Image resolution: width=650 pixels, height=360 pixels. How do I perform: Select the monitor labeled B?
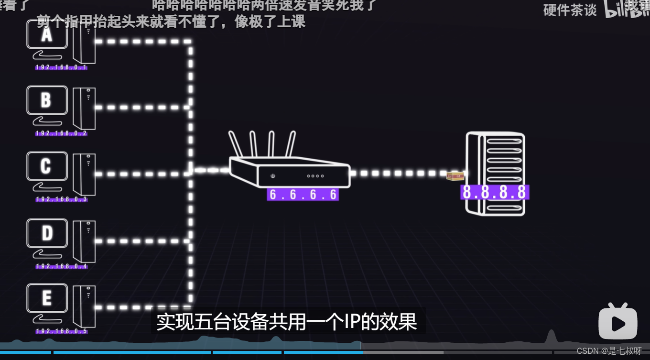pyautogui.click(x=46, y=101)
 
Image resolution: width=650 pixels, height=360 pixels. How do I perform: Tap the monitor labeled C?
pyautogui.click(x=46, y=166)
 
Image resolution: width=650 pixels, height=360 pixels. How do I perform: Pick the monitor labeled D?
pyautogui.click(x=46, y=233)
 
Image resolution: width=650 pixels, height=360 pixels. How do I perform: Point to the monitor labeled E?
pyautogui.click(x=46, y=298)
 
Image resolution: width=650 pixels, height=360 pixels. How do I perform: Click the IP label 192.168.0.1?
pyautogui.click(x=61, y=68)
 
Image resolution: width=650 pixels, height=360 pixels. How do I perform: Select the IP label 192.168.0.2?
pyautogui.click(x=61, y=133)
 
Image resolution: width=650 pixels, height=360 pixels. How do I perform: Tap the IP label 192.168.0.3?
pyautogui.click(x=61, y=199)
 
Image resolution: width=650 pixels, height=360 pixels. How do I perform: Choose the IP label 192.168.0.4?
pyautogui.click(x=61, y=266)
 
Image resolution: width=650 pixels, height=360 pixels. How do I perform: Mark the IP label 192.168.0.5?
pyautogui.click(x=61, y=331)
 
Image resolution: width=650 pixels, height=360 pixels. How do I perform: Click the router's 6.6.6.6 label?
pyautogui.click(x=303, y=195)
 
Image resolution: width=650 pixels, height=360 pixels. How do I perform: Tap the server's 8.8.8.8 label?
pyautogui.click(x=495, y=192)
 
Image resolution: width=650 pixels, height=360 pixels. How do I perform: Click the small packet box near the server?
pyautogui.click(x=455, y=176)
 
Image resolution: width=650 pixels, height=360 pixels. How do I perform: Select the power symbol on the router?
pyautogui.click(x=273, y=176)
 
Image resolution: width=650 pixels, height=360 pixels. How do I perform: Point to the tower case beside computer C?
pyautogui.click(x=84, y=174)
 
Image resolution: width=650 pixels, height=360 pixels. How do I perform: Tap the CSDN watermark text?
pyautogui.click(x=609, y=351)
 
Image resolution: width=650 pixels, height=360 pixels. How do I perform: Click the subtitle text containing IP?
pyautogui.click(x=287, y=322)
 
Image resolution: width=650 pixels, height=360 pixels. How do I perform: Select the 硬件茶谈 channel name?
pyautogui.click(x=570, y=10)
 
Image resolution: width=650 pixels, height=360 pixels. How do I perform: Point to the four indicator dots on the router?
pyautogui.click(x=316, y=176)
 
